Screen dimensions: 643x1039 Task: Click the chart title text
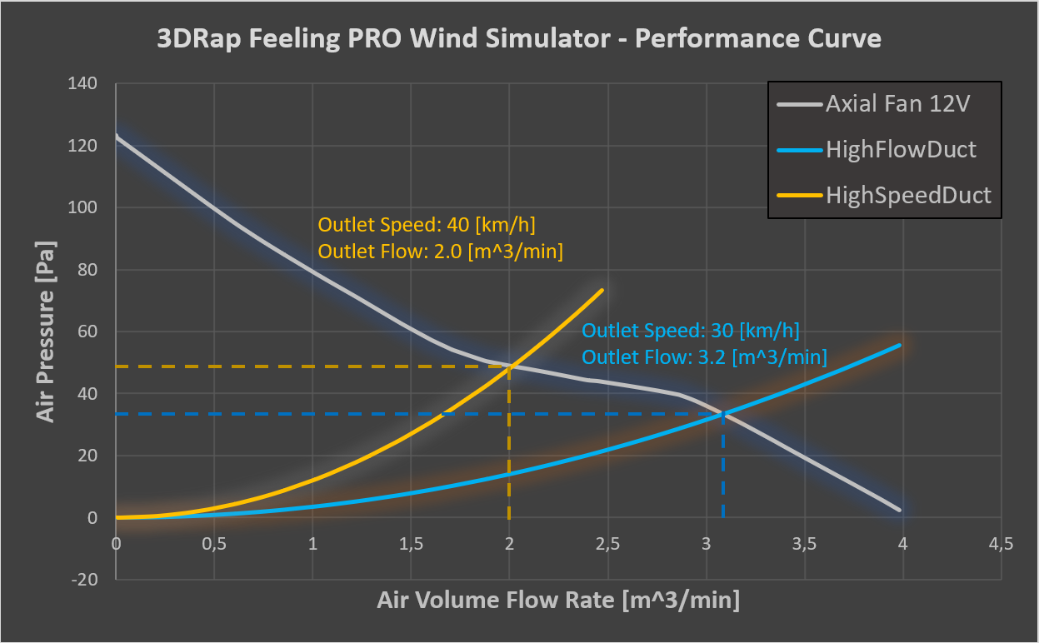tap(518, 38)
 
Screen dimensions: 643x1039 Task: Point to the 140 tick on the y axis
tap(87, 83)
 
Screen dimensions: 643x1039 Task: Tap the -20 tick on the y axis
tap(86, 580)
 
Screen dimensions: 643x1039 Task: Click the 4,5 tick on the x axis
tap(1001, 545)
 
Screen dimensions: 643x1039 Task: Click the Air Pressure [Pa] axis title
tap(46, 331)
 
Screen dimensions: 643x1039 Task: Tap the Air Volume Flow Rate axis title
tap(558, 601)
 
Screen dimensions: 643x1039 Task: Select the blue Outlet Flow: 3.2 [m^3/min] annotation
tap(704, 357)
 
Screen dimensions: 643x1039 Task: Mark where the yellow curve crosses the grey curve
tap(509, 366)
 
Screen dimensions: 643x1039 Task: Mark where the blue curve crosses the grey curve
tap(723, 413)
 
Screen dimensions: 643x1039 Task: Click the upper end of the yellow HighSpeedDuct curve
tap(602, 290)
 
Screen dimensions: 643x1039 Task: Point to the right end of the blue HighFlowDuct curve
tap(900, 345)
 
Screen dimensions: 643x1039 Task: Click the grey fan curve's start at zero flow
tap(117, 136)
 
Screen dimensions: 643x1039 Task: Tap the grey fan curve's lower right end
tap(900, 509)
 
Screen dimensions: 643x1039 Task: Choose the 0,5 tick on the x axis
tap(214, 545)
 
